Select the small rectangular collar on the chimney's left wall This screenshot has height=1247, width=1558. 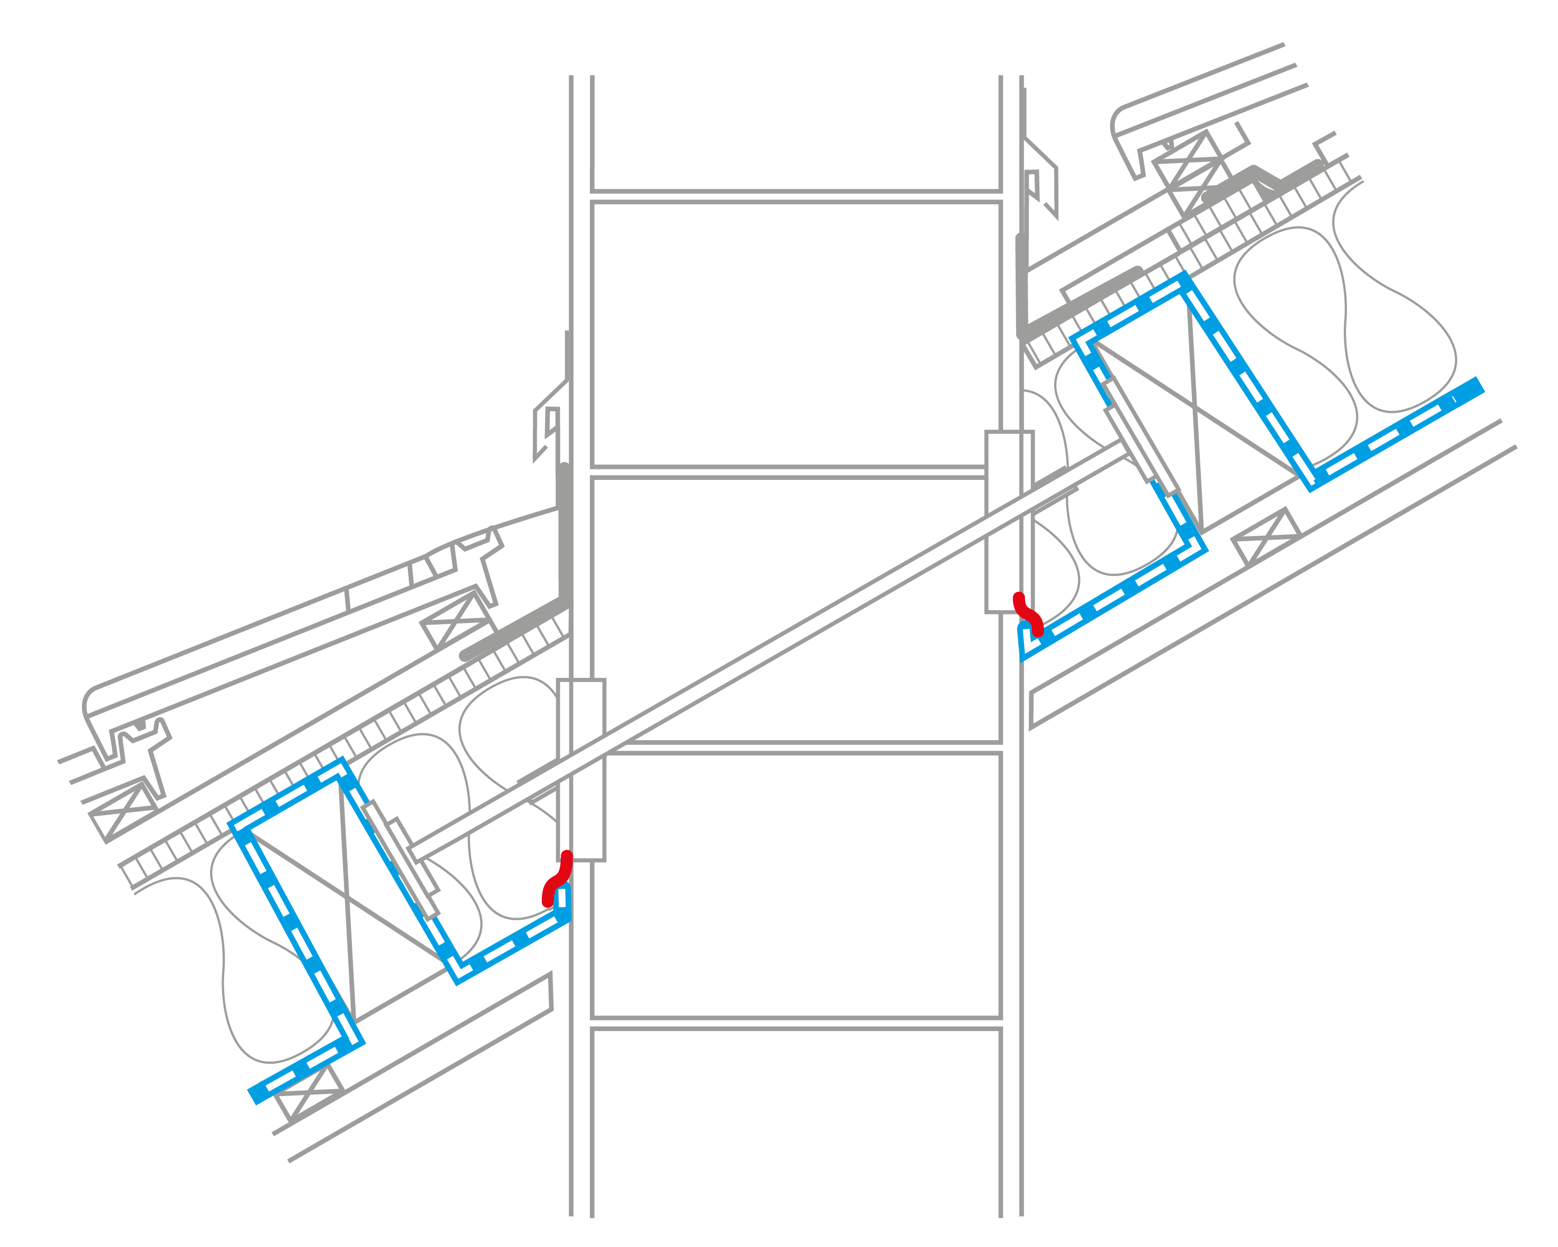(x=581, y=770)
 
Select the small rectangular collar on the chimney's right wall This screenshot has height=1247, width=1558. (x=1009, y=522)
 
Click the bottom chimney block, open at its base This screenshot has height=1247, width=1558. (x=796, y=1128)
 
